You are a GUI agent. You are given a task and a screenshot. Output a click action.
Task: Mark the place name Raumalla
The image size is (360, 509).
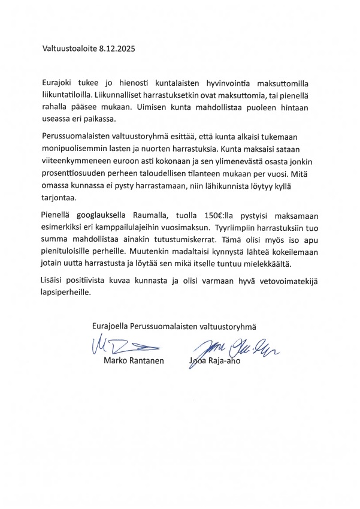click(x=158, y=216)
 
